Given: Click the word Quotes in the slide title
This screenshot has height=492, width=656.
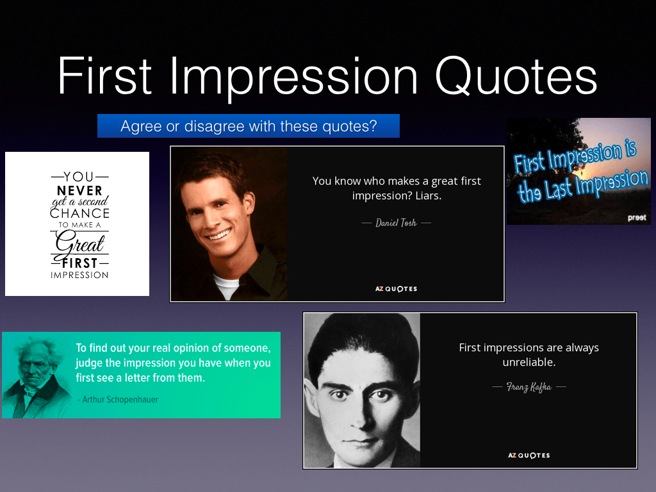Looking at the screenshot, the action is (516, 76).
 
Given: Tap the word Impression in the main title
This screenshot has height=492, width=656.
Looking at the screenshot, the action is (293, 78).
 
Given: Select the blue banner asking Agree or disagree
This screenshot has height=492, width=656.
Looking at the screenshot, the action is (249, 126).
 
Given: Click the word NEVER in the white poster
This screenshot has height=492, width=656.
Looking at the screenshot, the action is (79, 191).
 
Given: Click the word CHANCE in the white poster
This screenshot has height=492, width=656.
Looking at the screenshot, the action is (79, 213).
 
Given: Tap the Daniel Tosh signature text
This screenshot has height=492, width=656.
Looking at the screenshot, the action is (396, 223).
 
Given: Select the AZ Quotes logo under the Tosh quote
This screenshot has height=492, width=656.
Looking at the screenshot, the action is (396, 289).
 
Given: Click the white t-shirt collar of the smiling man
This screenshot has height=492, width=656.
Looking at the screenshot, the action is (226, 285).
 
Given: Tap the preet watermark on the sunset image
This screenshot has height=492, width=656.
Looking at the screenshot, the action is (637, 218).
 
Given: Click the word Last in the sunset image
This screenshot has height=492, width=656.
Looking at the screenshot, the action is (559, 189).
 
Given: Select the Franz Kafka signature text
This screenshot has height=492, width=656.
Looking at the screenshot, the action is (529, 387).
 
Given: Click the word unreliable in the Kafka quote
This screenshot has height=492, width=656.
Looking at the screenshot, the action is (529, 363).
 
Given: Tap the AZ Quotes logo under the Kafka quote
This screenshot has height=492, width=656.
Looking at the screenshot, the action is (529, 455).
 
